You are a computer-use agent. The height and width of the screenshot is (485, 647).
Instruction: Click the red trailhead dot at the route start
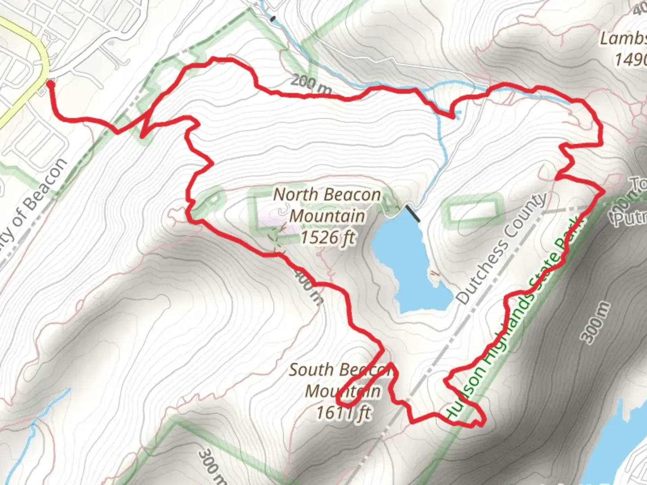tap(50, 84)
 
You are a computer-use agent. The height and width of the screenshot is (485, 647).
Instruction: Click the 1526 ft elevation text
tap(328, 237)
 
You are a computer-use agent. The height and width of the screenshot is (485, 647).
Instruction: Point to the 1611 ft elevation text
tap(344, 412)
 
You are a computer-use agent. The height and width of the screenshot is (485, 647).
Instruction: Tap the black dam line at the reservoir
tap(412, 213)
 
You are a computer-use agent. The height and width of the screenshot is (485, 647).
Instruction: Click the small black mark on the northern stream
tap(272, 19)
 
